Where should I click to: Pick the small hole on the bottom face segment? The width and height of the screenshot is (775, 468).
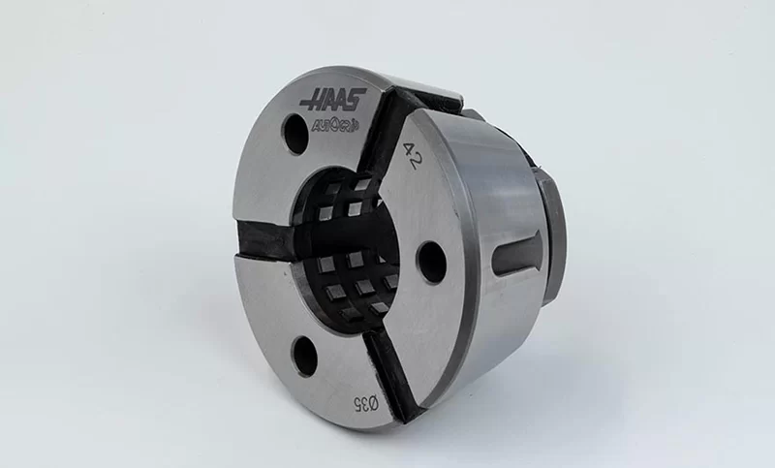click(305, 357)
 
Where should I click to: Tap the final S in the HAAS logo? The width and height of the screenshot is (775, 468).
click(357, 97)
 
